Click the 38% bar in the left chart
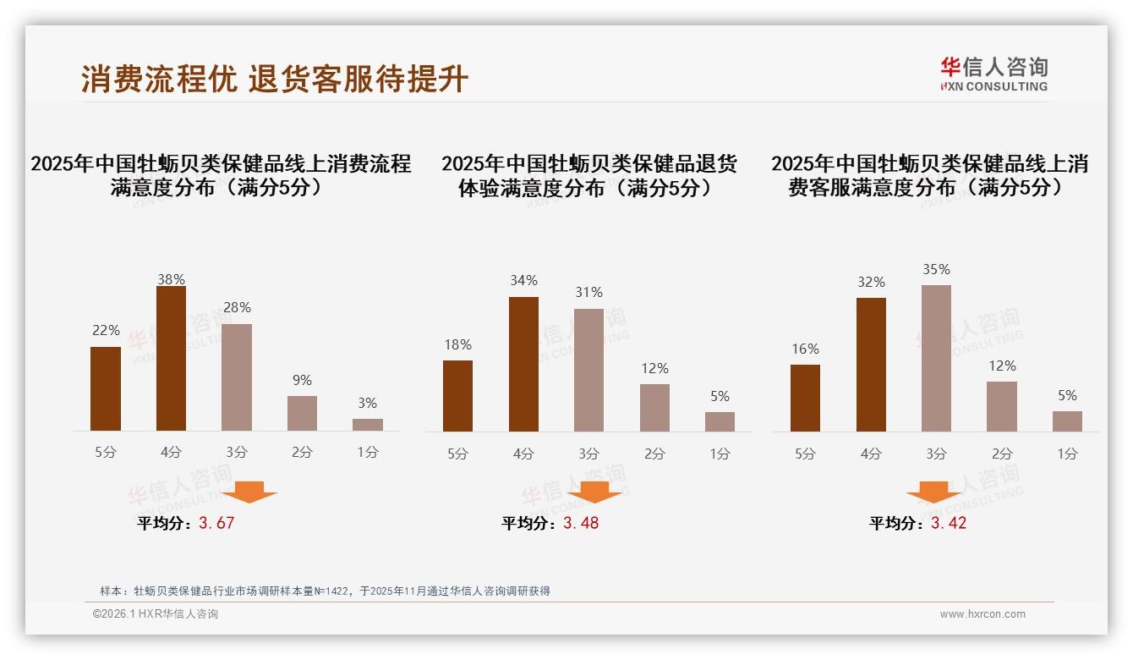(171, 359)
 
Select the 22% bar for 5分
(106, 389)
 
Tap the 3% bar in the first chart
(368, 425)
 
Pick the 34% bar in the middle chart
(523, 365)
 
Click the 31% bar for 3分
(588, 371)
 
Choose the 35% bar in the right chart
(936, 359)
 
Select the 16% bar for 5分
(805, 399)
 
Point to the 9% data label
(302, 381)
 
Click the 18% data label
(457, 345)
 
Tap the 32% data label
(871, 283)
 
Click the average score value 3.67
(216, 523)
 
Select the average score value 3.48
(581, 523)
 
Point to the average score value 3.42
(949, 523)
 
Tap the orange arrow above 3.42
(933, 492)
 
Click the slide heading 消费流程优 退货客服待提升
(275, 80)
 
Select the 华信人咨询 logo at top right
(993, 74)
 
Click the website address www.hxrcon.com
(982, 614)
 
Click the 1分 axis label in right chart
(1067, 454)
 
